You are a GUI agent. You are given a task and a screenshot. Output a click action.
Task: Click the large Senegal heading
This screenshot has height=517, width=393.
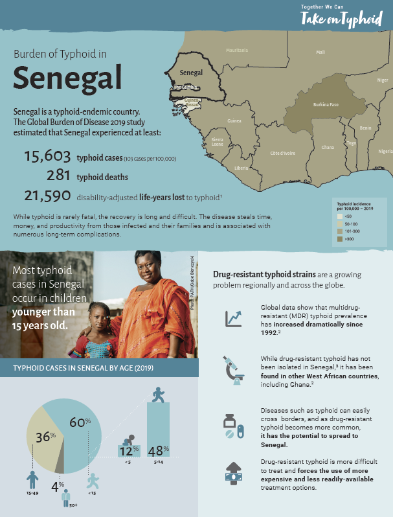point(67,78)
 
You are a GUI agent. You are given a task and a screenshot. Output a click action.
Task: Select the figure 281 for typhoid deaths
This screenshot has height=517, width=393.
point(58,176)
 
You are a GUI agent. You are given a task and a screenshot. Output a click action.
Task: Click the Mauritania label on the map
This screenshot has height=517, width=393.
point(236,51)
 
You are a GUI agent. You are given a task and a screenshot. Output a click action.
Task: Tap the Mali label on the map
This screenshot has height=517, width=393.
point(320,52)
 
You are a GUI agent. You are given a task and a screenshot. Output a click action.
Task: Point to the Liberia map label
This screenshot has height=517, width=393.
point(241,168)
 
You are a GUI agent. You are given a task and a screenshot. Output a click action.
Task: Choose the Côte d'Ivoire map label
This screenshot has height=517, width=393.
point(282,154)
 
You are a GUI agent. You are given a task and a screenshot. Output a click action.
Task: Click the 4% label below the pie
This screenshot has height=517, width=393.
point(58,484)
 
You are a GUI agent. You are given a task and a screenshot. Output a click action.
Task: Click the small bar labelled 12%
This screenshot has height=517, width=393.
point(129,450)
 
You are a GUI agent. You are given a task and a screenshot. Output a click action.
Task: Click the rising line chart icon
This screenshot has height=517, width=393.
point(233,318)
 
